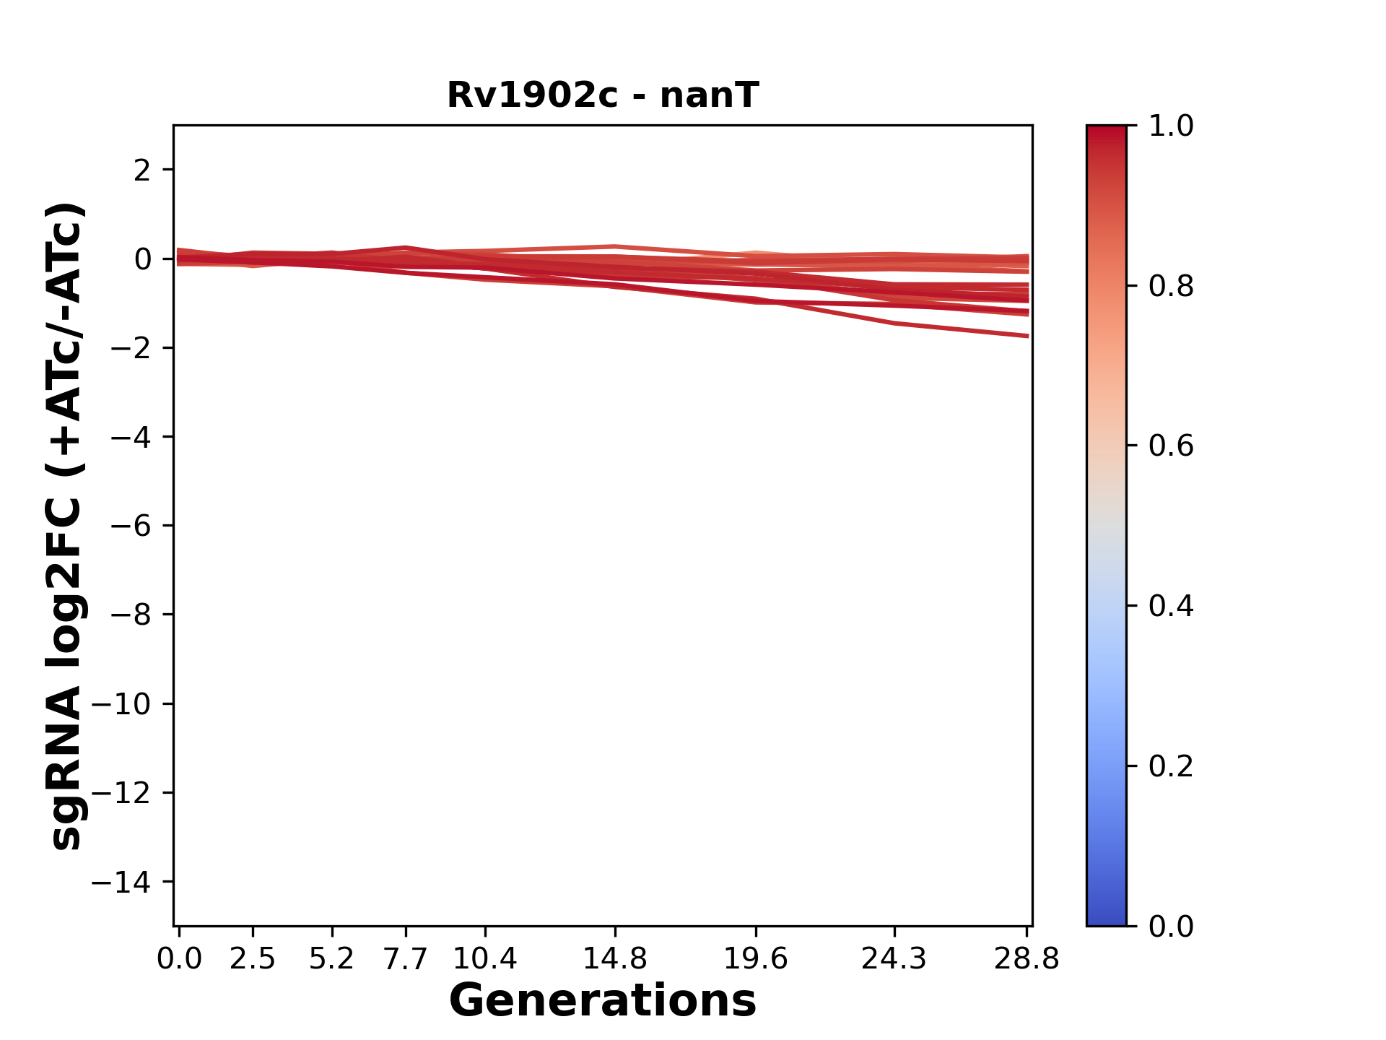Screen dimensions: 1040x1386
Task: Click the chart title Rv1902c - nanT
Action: (x=603, y=95)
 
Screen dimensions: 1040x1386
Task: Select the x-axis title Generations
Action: (x=603, y=1001)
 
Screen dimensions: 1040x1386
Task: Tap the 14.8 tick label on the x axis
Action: (x=614, y=959)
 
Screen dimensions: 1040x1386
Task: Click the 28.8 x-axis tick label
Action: (x=1027, y=959)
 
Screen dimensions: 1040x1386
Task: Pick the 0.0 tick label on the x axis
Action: (x=179, y=959)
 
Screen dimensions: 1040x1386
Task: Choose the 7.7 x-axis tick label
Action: (x=406, y=959)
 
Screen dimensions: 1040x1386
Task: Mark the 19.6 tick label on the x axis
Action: (x=755, y=959)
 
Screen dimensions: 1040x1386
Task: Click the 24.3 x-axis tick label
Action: (x=894, y=959)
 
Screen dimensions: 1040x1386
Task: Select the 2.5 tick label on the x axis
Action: (x=253, y=959)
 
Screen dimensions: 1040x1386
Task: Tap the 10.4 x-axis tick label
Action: (x=484, y=959)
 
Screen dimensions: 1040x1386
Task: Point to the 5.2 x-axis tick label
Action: (x=331, y=959)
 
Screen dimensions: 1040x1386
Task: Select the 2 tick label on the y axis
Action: (x=142, y=170)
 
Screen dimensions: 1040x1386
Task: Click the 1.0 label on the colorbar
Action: (x=1171, y=126)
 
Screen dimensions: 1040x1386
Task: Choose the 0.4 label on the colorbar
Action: (x=1171, y=606)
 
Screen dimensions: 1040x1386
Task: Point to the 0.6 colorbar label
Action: (x=1171, y=446)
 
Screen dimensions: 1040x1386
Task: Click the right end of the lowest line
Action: (x=1027, y=336)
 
